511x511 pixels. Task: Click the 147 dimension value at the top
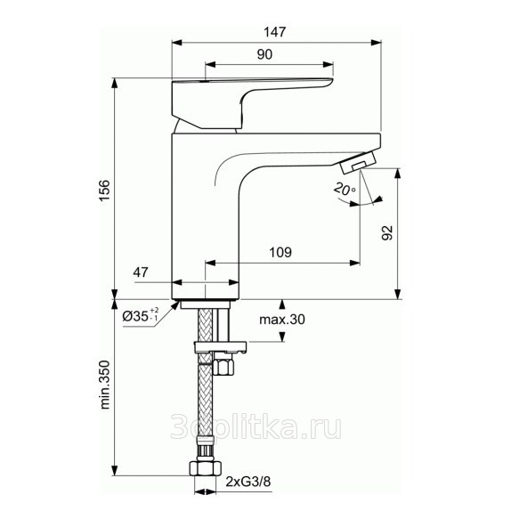[275, 32]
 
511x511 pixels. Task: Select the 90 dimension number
[264, 54]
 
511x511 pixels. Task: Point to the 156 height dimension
[105, 191]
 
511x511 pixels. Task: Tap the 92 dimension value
[387, 232]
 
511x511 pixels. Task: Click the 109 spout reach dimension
[280, 252]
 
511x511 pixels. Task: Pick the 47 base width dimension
[141, 272]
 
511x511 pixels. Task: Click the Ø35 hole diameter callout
[141, 315]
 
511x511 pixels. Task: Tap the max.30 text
[282, 320]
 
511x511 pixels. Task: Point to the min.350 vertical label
[105, 385]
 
